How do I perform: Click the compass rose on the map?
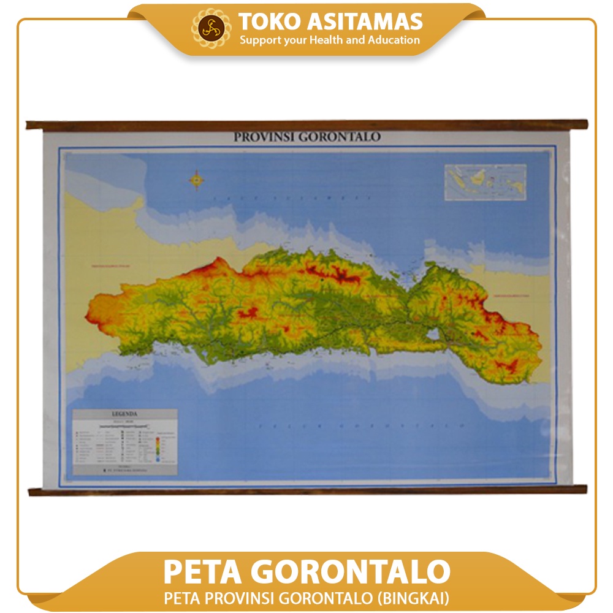(197, 179)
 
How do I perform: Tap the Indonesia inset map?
(485, 181)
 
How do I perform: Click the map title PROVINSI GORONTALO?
(306, 137)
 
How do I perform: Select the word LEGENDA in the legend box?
(124, 414)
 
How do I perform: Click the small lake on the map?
(432, 334)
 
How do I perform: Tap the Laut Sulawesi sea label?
(291, 199)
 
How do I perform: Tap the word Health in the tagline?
(327, 40)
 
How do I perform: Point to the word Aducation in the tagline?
(394, 40)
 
